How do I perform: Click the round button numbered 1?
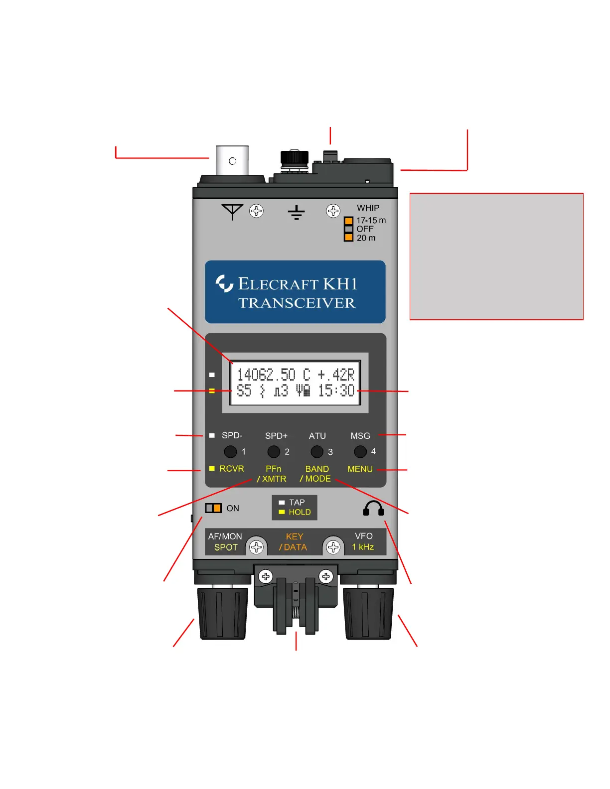(230, 452)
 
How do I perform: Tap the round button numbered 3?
(317, 452)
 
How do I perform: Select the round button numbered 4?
(360, 452)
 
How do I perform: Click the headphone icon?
(373, 509)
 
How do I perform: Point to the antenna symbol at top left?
(232, 211)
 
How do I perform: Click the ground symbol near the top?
(296, 213)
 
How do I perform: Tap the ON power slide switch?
(213, 508)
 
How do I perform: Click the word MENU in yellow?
(360, 469)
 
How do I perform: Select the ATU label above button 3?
(317, 436)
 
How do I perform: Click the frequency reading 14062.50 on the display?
(266, 375)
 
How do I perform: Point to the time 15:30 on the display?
(336, 391)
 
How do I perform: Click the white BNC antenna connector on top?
(232, 160)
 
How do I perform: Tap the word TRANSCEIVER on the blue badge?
(297, 303)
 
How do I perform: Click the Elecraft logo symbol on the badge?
(224, 283)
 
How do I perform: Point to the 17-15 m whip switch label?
(371, 220)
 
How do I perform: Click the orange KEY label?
(294, 536)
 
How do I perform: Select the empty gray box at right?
(496, 256)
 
